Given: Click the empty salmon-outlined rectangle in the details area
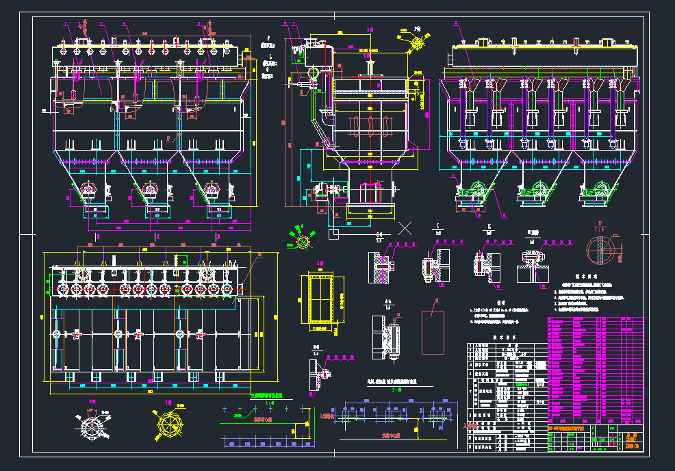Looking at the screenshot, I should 433,332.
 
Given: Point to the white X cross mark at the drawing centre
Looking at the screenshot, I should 405,228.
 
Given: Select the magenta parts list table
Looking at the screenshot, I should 595,370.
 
